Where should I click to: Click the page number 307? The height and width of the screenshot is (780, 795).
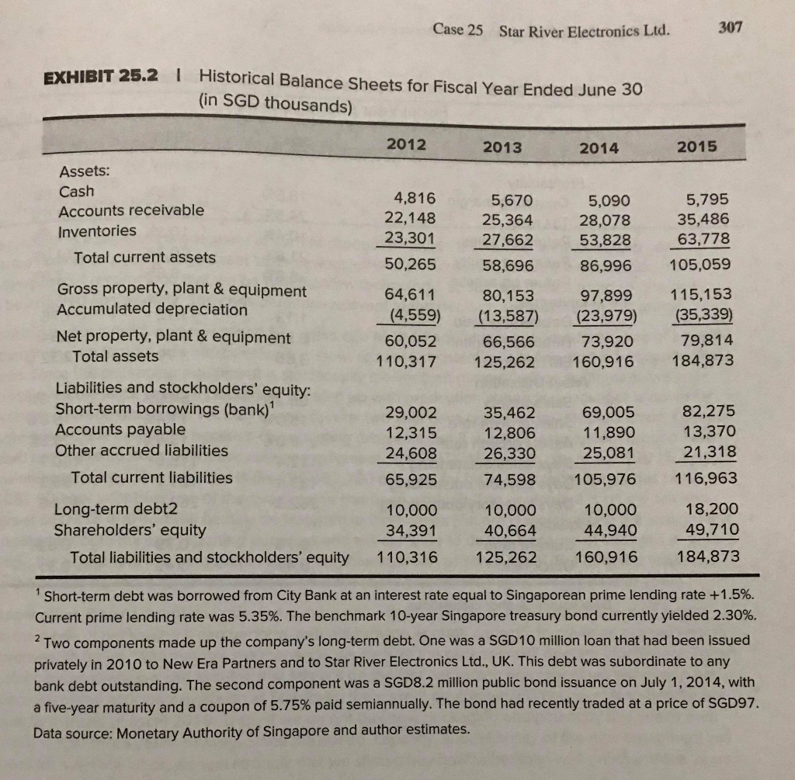click(731, 28)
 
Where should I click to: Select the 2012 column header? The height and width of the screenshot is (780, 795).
click(404, 144)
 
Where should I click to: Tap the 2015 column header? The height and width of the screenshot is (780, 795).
click(697, 147)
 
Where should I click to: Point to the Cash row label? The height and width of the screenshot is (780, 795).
click(76, 191)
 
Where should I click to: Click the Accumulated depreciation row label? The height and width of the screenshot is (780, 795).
click(152, 310)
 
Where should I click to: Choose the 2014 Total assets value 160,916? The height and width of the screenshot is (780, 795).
click(605, 361)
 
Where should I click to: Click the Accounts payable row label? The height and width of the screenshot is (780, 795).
click(120, 429)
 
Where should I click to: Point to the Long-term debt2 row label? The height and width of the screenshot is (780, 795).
click(116, 510)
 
